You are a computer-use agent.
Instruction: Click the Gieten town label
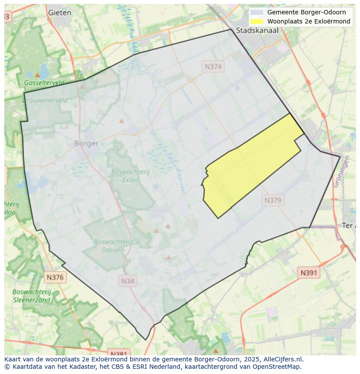click(60, 13)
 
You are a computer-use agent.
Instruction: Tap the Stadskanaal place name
click(257, 30)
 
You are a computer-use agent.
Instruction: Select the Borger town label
click(86, 143)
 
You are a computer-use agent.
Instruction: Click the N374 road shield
click(213, 66)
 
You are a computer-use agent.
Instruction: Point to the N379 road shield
click(273, 200)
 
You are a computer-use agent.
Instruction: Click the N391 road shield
click(309, 273)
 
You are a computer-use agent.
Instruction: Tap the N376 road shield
click(55, 277)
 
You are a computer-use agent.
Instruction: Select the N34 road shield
click(127, 281)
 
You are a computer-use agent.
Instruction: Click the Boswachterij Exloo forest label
click(130, 175)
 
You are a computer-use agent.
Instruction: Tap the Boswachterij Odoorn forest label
click(113, 246)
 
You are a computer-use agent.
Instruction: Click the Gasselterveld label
click(44, 83)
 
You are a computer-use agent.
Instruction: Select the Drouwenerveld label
click(45, 100)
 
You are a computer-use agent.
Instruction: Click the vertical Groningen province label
click(341, 172)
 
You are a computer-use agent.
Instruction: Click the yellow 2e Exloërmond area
click(248, 169)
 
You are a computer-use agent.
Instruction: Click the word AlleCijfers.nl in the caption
click(283, 359)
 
